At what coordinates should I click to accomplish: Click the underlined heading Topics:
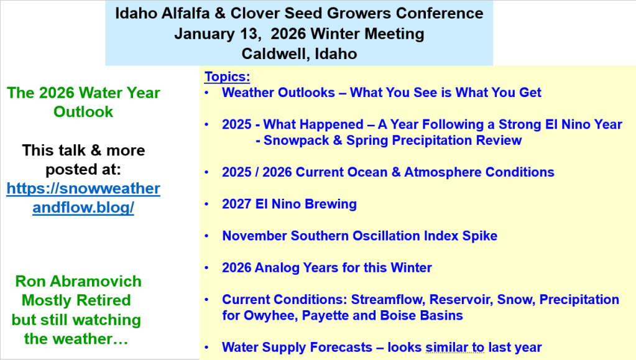(x=227, y=76)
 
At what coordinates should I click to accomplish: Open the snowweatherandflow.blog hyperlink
(x=83, y=198)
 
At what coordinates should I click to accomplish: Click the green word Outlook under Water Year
(x=83, y=112)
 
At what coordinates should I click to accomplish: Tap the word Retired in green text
(x=103, y=300)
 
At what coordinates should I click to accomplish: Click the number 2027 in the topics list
(x=236, y=204)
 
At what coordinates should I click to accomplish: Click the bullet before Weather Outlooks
(x=207, y=93)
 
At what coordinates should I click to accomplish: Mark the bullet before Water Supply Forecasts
(x=207, y=348)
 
